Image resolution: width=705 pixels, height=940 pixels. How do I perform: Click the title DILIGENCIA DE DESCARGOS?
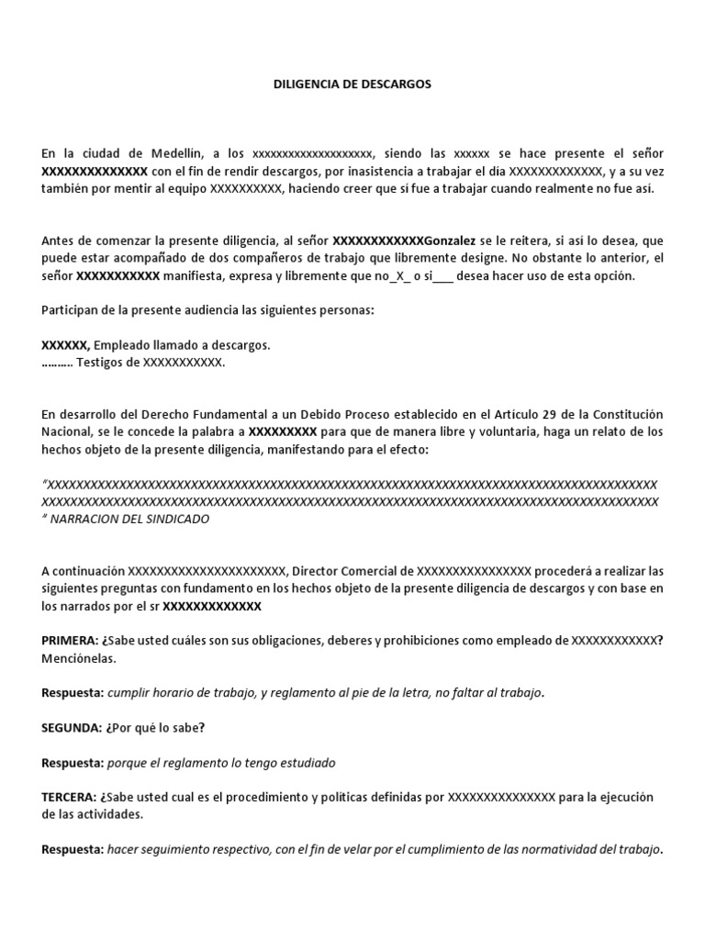tap(352, 84)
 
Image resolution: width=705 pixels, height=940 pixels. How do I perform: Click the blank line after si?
tap(442, 275)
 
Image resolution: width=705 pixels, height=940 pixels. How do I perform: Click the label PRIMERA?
tap(71, 641)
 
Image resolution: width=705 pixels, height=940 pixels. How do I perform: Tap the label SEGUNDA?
tap(73, 728)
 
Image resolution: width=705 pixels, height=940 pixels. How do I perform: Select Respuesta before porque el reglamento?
tap(73, 763)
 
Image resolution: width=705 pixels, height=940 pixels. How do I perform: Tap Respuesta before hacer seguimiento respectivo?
tap(73, 849)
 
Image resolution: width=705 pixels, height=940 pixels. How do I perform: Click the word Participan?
tap(72, 310)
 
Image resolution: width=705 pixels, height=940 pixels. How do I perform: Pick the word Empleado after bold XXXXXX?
tap(124, 345)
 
